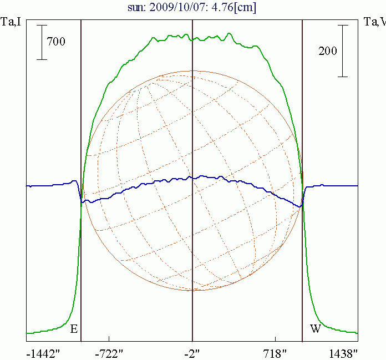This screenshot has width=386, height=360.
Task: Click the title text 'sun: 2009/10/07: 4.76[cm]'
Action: point(191,8)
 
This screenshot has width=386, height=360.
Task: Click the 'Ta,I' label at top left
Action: point(12,22)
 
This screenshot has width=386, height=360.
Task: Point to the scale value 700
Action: point(56,41)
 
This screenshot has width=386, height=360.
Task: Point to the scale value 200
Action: point(328,51)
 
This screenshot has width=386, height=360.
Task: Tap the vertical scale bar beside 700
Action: point(42,42)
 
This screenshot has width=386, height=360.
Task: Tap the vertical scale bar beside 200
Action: point(344,50)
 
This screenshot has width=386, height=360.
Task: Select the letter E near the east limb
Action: point(74,329)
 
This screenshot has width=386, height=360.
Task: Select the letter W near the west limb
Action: point(315,329)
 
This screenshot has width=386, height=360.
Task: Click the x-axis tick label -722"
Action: point(109,353)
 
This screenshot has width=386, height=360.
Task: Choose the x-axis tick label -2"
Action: point(192,353)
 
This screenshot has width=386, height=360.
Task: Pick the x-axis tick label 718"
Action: point(275,353)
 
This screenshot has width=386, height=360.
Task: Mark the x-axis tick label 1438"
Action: point(342,353)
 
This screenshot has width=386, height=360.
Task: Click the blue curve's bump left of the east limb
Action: point(74,181)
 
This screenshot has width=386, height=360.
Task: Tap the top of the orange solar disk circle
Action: point(192,71)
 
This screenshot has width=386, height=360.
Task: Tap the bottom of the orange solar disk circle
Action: point(192,291)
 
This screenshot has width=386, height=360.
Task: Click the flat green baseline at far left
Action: point(39,333)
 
